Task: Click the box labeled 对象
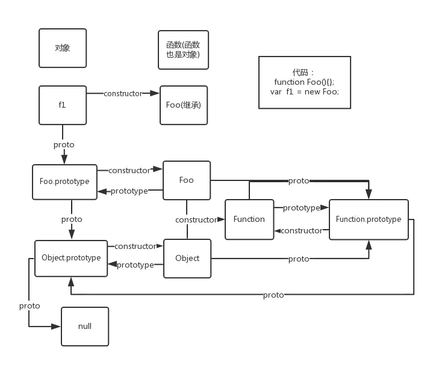(x=63, y=48)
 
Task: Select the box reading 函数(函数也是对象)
(x=183, y=49)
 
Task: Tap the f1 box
(x=63, y=105)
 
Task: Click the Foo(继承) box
(x=183, y=105)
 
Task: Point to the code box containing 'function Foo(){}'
(x=304, y=82)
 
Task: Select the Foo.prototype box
(x=64, y=181)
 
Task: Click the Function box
(x=249, y=219)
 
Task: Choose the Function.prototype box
(x=368, y=219)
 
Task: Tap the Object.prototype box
(x=71, y=258)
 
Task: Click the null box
(x=85, y=326)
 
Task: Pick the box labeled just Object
(x=187, y=258)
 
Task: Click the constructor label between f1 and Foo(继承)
(x=123, y=93)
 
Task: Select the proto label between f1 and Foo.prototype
(x=64, y=144)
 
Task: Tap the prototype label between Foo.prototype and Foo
(x=129, y=191)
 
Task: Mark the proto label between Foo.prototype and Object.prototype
(x=72, y=219)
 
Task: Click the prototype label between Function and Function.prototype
(x=301, y=208)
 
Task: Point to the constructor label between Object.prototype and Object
(x=135, y=246)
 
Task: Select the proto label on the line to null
(x=30, y=305)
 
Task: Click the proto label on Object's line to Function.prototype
(x=299, y=259)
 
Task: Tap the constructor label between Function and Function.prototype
(x=301, y=230)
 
